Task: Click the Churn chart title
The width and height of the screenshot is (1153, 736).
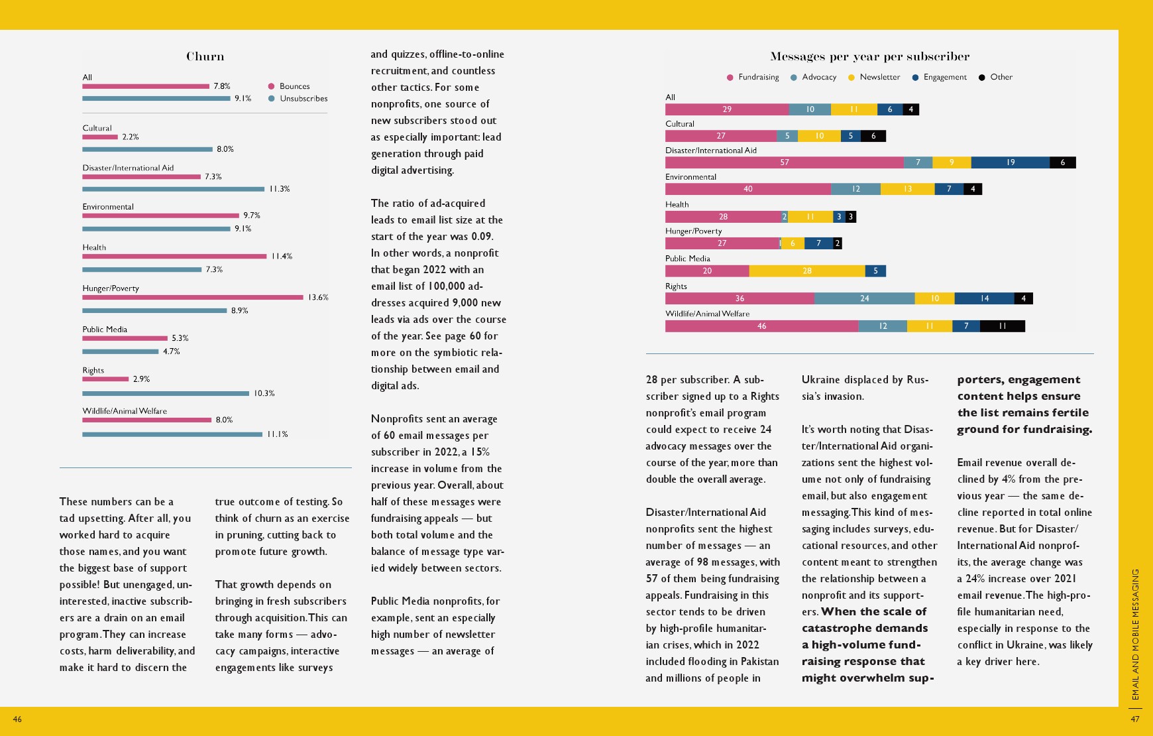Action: pyautogui.click(x=205, y=56)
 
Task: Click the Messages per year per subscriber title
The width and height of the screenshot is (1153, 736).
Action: pyautogui.click(x=869, y=56)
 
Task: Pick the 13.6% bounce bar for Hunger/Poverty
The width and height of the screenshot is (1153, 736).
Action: pyautogui.click(x=192, y=297)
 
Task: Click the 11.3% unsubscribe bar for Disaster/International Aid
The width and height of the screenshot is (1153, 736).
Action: pyautogui.click(x=173, y=189)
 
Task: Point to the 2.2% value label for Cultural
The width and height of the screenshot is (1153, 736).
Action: pyautogui.click(x=131, y=137)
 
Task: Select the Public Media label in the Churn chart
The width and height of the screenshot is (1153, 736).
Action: pyautogui.click(x=105, y=330)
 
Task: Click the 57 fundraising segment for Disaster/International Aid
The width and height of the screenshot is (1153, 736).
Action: pyautogui.click(x=784, y=162)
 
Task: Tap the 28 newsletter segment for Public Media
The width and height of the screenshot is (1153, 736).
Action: pyautogui.click(x=806, y=271)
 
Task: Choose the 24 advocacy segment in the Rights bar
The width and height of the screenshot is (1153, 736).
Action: pyautogui.click(x=864, y=298)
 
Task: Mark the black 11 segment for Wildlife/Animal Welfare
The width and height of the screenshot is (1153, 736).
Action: pyautogui.click(x=1002, y=326)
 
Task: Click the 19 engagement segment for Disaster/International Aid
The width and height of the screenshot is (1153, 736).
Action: pyautogui.click(x=1010, y=162)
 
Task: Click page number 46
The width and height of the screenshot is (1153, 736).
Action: pyautogui.click(x=17, y=719)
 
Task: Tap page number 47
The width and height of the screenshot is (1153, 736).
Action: pyautogui.click(x=1135, y=719)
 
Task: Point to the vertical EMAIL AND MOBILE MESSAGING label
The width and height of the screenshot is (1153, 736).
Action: pyautogui.click(x=1135, y=634)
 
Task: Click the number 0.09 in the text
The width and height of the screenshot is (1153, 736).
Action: pyautogui.click(x=481, y=237)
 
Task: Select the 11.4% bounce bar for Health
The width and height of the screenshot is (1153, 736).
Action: pyautogui.click(x=174, y=257)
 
